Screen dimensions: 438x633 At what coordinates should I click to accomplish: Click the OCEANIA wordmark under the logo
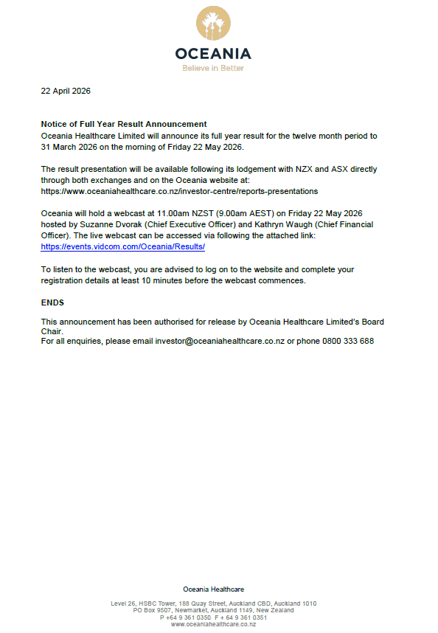[x=213, y=53]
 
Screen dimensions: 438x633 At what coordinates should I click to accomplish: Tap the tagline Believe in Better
[x=213, y=68]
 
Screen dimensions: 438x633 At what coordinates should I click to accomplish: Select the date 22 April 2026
[x=66, y=91]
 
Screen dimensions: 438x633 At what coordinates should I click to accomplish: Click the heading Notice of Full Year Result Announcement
[x=124, y=124]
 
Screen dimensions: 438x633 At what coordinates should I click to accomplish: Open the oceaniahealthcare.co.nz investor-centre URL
[x=179, y=191]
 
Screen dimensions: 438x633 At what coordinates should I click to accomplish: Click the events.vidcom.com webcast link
[x=122, y=246]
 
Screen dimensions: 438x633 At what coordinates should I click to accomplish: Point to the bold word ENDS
[x=52, y=302]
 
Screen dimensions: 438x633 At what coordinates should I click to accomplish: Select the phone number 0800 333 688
[x=348, y=342]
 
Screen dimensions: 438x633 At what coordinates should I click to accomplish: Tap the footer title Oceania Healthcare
[x=213, y=589]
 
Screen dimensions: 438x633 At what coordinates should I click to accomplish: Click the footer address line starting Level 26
[x=213, y=603]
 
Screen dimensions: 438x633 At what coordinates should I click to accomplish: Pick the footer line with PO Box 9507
[x=213, y=610]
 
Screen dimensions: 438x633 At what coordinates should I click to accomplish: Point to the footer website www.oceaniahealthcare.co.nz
[x=213, y=624]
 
